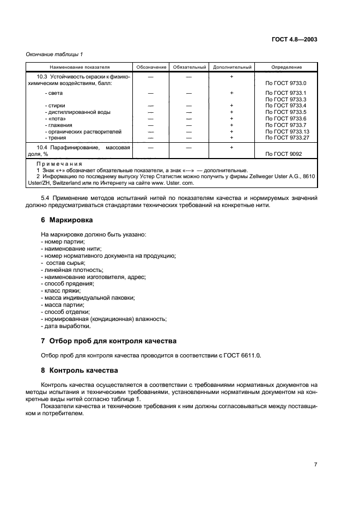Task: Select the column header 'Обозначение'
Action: coord(151,67)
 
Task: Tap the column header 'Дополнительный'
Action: coord(231,67)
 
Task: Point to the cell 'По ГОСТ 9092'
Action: coord(283,154)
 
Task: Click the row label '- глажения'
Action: coord(59,125)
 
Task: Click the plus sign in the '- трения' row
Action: coord(231,138)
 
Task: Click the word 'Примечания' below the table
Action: coord(59,163)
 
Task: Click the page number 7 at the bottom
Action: coord(316,464)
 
